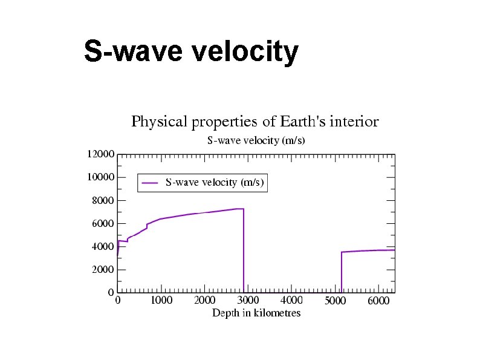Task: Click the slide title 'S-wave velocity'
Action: [190, 52]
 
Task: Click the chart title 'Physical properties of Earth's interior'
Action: [255, 122]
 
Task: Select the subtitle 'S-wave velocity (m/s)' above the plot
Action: [256, 140]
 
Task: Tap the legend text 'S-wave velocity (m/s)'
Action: [215, 182]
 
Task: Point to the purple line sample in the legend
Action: [150, 182]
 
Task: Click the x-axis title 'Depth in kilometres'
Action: [256, 313]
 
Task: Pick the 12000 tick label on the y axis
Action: [100, 154]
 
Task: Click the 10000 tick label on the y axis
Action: [100, 177]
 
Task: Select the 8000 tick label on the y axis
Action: [103, 200]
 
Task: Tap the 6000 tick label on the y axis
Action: [103, 223]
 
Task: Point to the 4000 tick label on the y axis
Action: [103, 247]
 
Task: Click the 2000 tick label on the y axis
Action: [103, 270]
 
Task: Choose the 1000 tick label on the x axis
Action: [161, 300]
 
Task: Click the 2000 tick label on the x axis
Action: [205, 300]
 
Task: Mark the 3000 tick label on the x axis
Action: [248, 300]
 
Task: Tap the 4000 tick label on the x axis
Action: [292, 300]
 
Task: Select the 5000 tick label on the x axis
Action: [336, 301]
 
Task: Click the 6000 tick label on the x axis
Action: [379, 301]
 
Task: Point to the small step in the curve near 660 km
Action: [147, 226]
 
